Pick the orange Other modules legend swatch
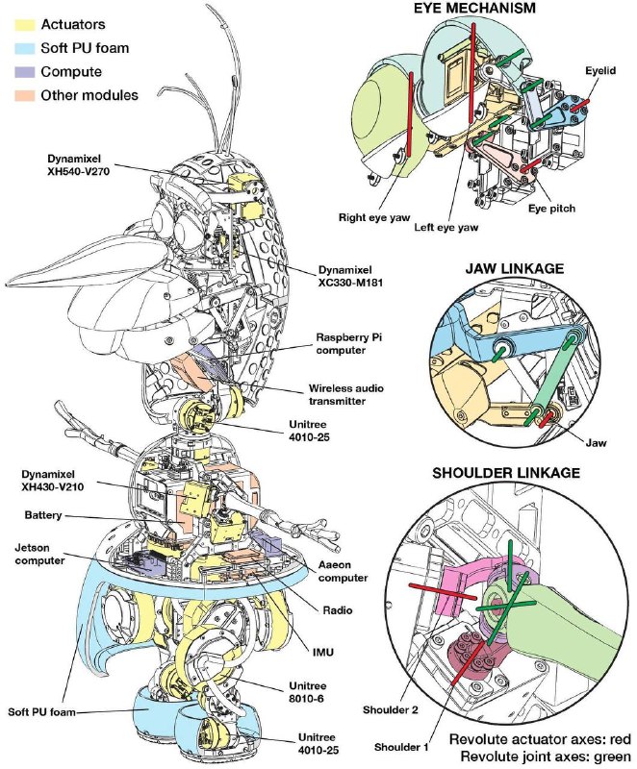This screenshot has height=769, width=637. (18, 94)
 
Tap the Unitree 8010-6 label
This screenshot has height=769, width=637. (316, 689)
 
